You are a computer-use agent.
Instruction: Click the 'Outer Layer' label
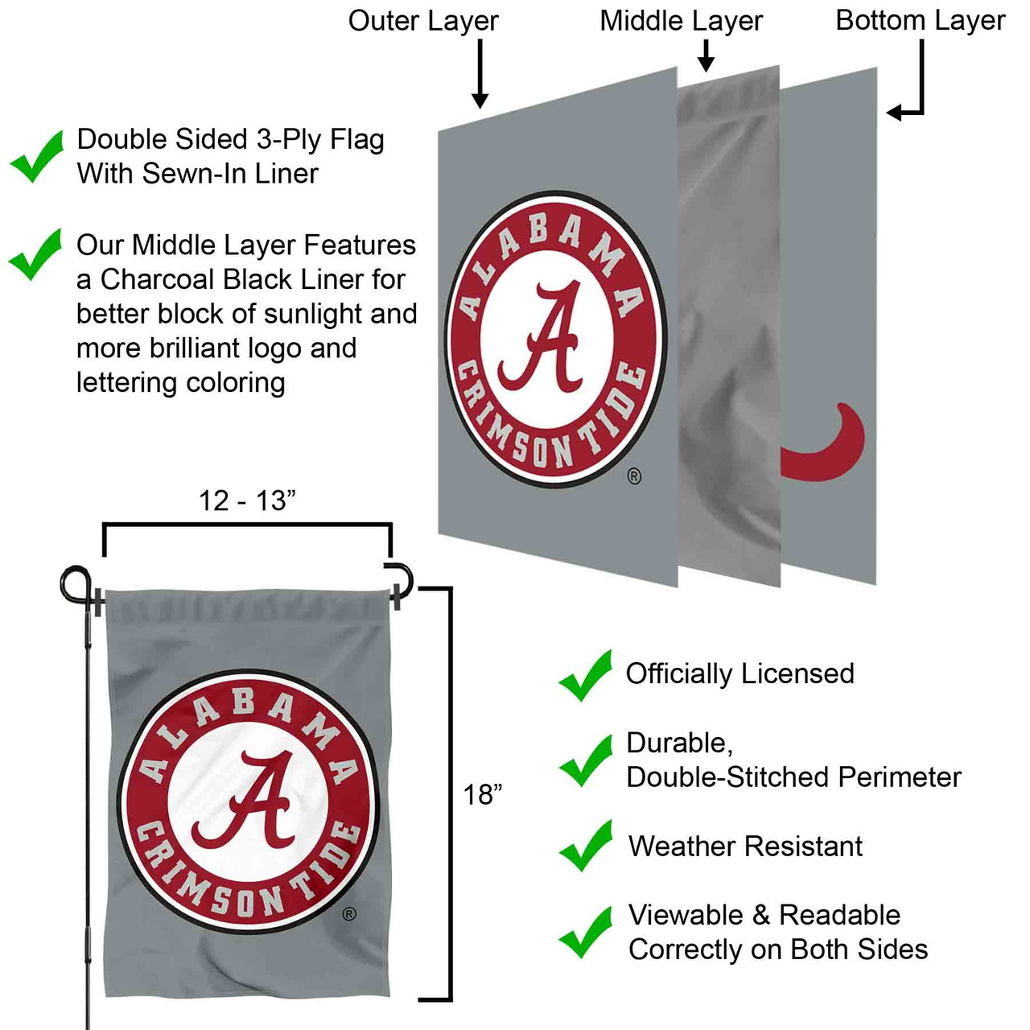[423, 21]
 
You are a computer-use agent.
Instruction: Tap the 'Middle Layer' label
[681, 21]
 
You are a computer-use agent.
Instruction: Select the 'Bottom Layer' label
[920, 21]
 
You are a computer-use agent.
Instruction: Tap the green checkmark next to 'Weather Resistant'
[587, 846]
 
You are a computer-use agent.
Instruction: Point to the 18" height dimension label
[482, 795]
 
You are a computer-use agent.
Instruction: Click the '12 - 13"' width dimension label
[247, 501]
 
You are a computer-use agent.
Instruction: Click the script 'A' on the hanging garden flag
[254, 801]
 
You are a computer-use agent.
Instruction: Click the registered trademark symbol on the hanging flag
[349, 913]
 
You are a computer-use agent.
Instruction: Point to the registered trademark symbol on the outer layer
[634, 476]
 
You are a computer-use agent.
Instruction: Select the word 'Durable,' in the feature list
[679, 743]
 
